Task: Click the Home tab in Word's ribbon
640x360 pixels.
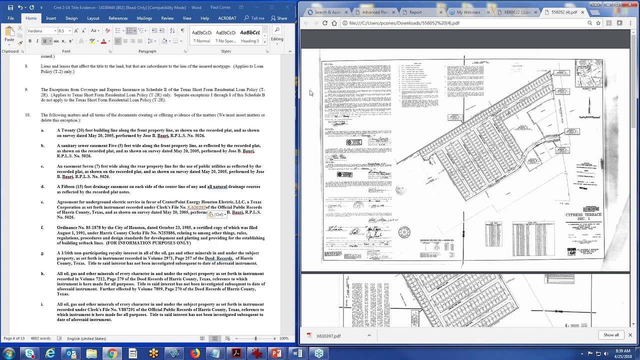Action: [31, 18]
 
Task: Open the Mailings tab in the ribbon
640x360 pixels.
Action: [144, 18]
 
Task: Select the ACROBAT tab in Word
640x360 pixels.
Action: [227, 18]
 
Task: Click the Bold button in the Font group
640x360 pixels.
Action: [30, 41]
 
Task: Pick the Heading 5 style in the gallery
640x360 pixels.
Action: [250, 35]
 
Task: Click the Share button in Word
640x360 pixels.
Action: [279, 18]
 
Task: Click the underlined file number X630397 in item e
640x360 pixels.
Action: [196, 207]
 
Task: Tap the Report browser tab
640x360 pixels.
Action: [415, 12]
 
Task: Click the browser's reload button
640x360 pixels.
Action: [325, 23]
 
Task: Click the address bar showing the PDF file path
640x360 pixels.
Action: [450, 23]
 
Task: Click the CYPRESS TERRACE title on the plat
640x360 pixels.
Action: [583, 215]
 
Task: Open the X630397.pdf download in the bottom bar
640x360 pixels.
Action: [328, 336]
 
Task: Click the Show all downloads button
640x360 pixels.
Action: [610, 335]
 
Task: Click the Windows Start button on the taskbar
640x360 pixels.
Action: [8, 353]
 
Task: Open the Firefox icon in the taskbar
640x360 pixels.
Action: [194, 353]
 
